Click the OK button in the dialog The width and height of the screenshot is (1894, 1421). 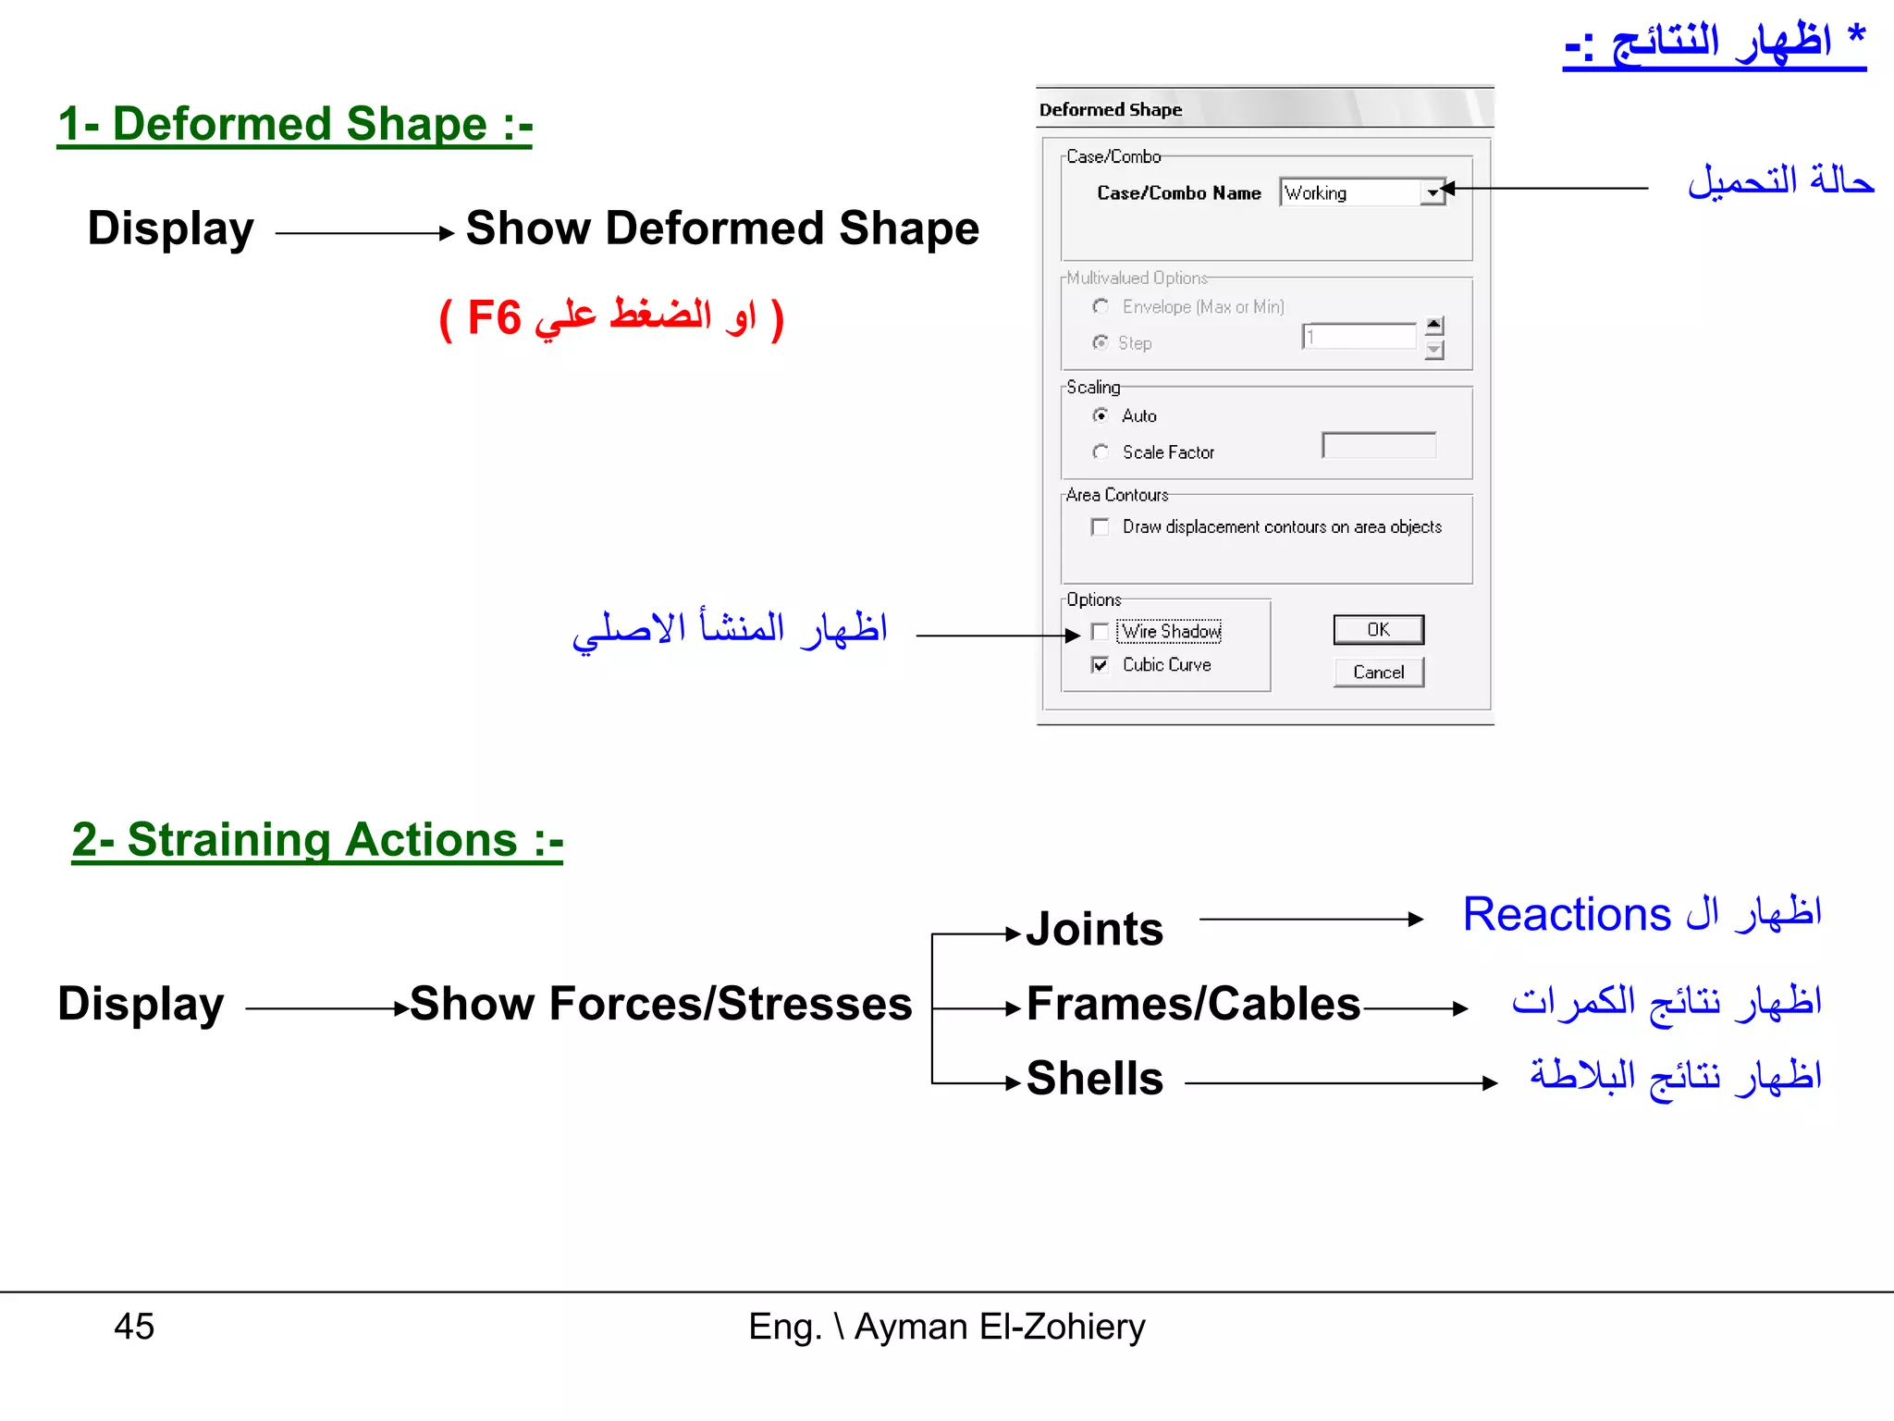tap(1378, 630)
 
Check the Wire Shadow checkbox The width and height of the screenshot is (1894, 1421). tap(1101, 632)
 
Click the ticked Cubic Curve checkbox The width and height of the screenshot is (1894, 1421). tap(1101, 665)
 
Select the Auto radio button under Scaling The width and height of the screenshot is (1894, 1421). tap(1101, 415)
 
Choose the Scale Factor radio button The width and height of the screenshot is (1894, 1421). tap(1101, 452)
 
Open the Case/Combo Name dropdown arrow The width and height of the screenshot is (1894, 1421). tap(1433, 193)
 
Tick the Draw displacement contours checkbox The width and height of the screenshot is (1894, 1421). tap(1101, 527)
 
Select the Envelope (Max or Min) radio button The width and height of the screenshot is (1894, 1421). tap(1101, 306)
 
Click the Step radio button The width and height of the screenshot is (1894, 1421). tap(1101, 343)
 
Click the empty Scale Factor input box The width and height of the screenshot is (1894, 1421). tap(1379, 446)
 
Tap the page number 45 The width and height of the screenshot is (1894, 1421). tap(134, 1327)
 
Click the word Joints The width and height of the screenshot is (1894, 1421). tap(1095, 929)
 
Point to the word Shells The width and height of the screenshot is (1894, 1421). tap(1095, 1079)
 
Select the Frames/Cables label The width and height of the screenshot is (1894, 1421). tap(1193, 1004)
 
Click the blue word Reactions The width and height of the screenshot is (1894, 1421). tap(1567, 915)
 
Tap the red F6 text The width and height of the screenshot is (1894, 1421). tap(494, 318)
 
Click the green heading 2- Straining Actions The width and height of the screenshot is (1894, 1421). tap(317, 840)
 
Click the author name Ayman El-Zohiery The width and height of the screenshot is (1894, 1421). tap(1000, 1327)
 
